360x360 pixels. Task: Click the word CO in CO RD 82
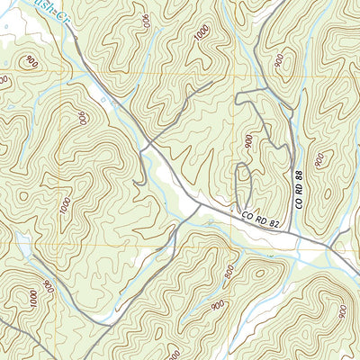coord(249,215)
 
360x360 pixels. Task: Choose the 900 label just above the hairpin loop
coord(248,142)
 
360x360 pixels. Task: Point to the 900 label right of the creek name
coord(145,18)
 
